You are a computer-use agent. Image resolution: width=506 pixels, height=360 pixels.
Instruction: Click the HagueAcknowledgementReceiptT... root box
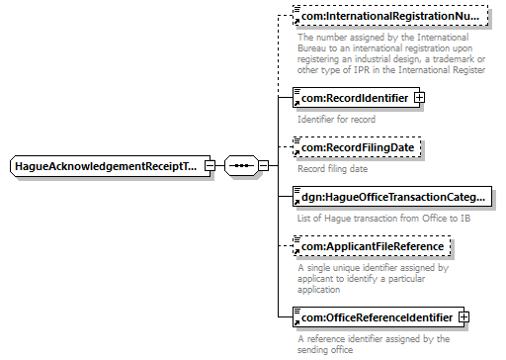click(110, 166)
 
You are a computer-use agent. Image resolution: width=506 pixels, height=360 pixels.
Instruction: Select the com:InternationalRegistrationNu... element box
click(390, 16)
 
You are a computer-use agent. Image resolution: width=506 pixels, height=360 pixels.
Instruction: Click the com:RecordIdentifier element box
click(356, 98)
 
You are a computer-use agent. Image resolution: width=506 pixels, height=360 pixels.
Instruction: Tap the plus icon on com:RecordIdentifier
click(419, 98)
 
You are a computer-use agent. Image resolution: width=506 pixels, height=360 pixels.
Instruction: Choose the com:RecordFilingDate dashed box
click(357, 147)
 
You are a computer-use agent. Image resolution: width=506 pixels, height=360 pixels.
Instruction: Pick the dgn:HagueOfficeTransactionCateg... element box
click(392, 197)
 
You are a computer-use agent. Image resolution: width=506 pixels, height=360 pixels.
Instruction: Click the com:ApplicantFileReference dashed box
click(372, 246)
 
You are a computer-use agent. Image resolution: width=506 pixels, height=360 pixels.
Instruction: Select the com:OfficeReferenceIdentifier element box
click(379, 317)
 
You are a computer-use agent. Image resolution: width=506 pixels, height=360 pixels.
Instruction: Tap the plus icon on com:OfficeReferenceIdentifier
click(464, 317)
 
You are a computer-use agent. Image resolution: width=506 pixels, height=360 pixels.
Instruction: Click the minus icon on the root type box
click(210, 165)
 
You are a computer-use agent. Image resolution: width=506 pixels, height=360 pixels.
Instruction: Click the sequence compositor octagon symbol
click(241, 165)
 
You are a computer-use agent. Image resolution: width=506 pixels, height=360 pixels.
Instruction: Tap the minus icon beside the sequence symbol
click(263, 165)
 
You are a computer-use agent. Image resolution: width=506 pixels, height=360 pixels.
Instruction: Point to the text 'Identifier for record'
click(336, 120)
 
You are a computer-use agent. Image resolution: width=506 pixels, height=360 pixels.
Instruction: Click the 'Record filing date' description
click(333, 169)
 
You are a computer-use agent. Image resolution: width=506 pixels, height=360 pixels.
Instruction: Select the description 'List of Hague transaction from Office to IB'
click(384, 219)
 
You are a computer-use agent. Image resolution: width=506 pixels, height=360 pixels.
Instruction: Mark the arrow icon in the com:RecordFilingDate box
click(296, 152)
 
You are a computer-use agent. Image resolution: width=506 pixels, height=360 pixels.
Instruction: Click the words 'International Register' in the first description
click(442, 70)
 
